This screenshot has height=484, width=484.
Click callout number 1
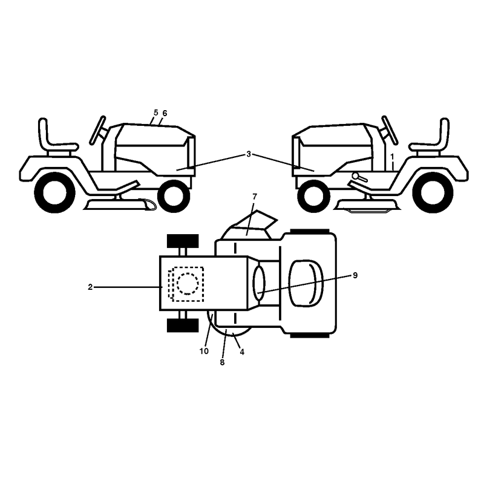(392, 157)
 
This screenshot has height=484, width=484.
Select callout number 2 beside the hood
(90, 287)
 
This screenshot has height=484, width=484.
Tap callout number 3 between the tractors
(249, 154)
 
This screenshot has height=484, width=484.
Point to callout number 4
(242, 352)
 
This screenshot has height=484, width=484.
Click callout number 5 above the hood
(155, 113)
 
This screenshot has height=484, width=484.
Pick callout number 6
(165, 113)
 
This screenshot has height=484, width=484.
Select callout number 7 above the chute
(255, 197)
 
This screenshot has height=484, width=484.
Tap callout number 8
(222, 362)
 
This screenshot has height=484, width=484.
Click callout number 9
(355, 275)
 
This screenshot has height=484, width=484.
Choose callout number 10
(204, 352)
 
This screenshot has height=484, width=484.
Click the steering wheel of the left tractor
(97, 130)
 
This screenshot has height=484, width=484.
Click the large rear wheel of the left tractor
(54, 192)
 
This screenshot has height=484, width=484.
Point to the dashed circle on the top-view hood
(188, 284)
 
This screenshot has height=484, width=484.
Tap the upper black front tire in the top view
(183, 241)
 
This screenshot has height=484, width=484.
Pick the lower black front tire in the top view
(183, 325)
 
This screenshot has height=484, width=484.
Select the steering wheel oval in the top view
(259, 283)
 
